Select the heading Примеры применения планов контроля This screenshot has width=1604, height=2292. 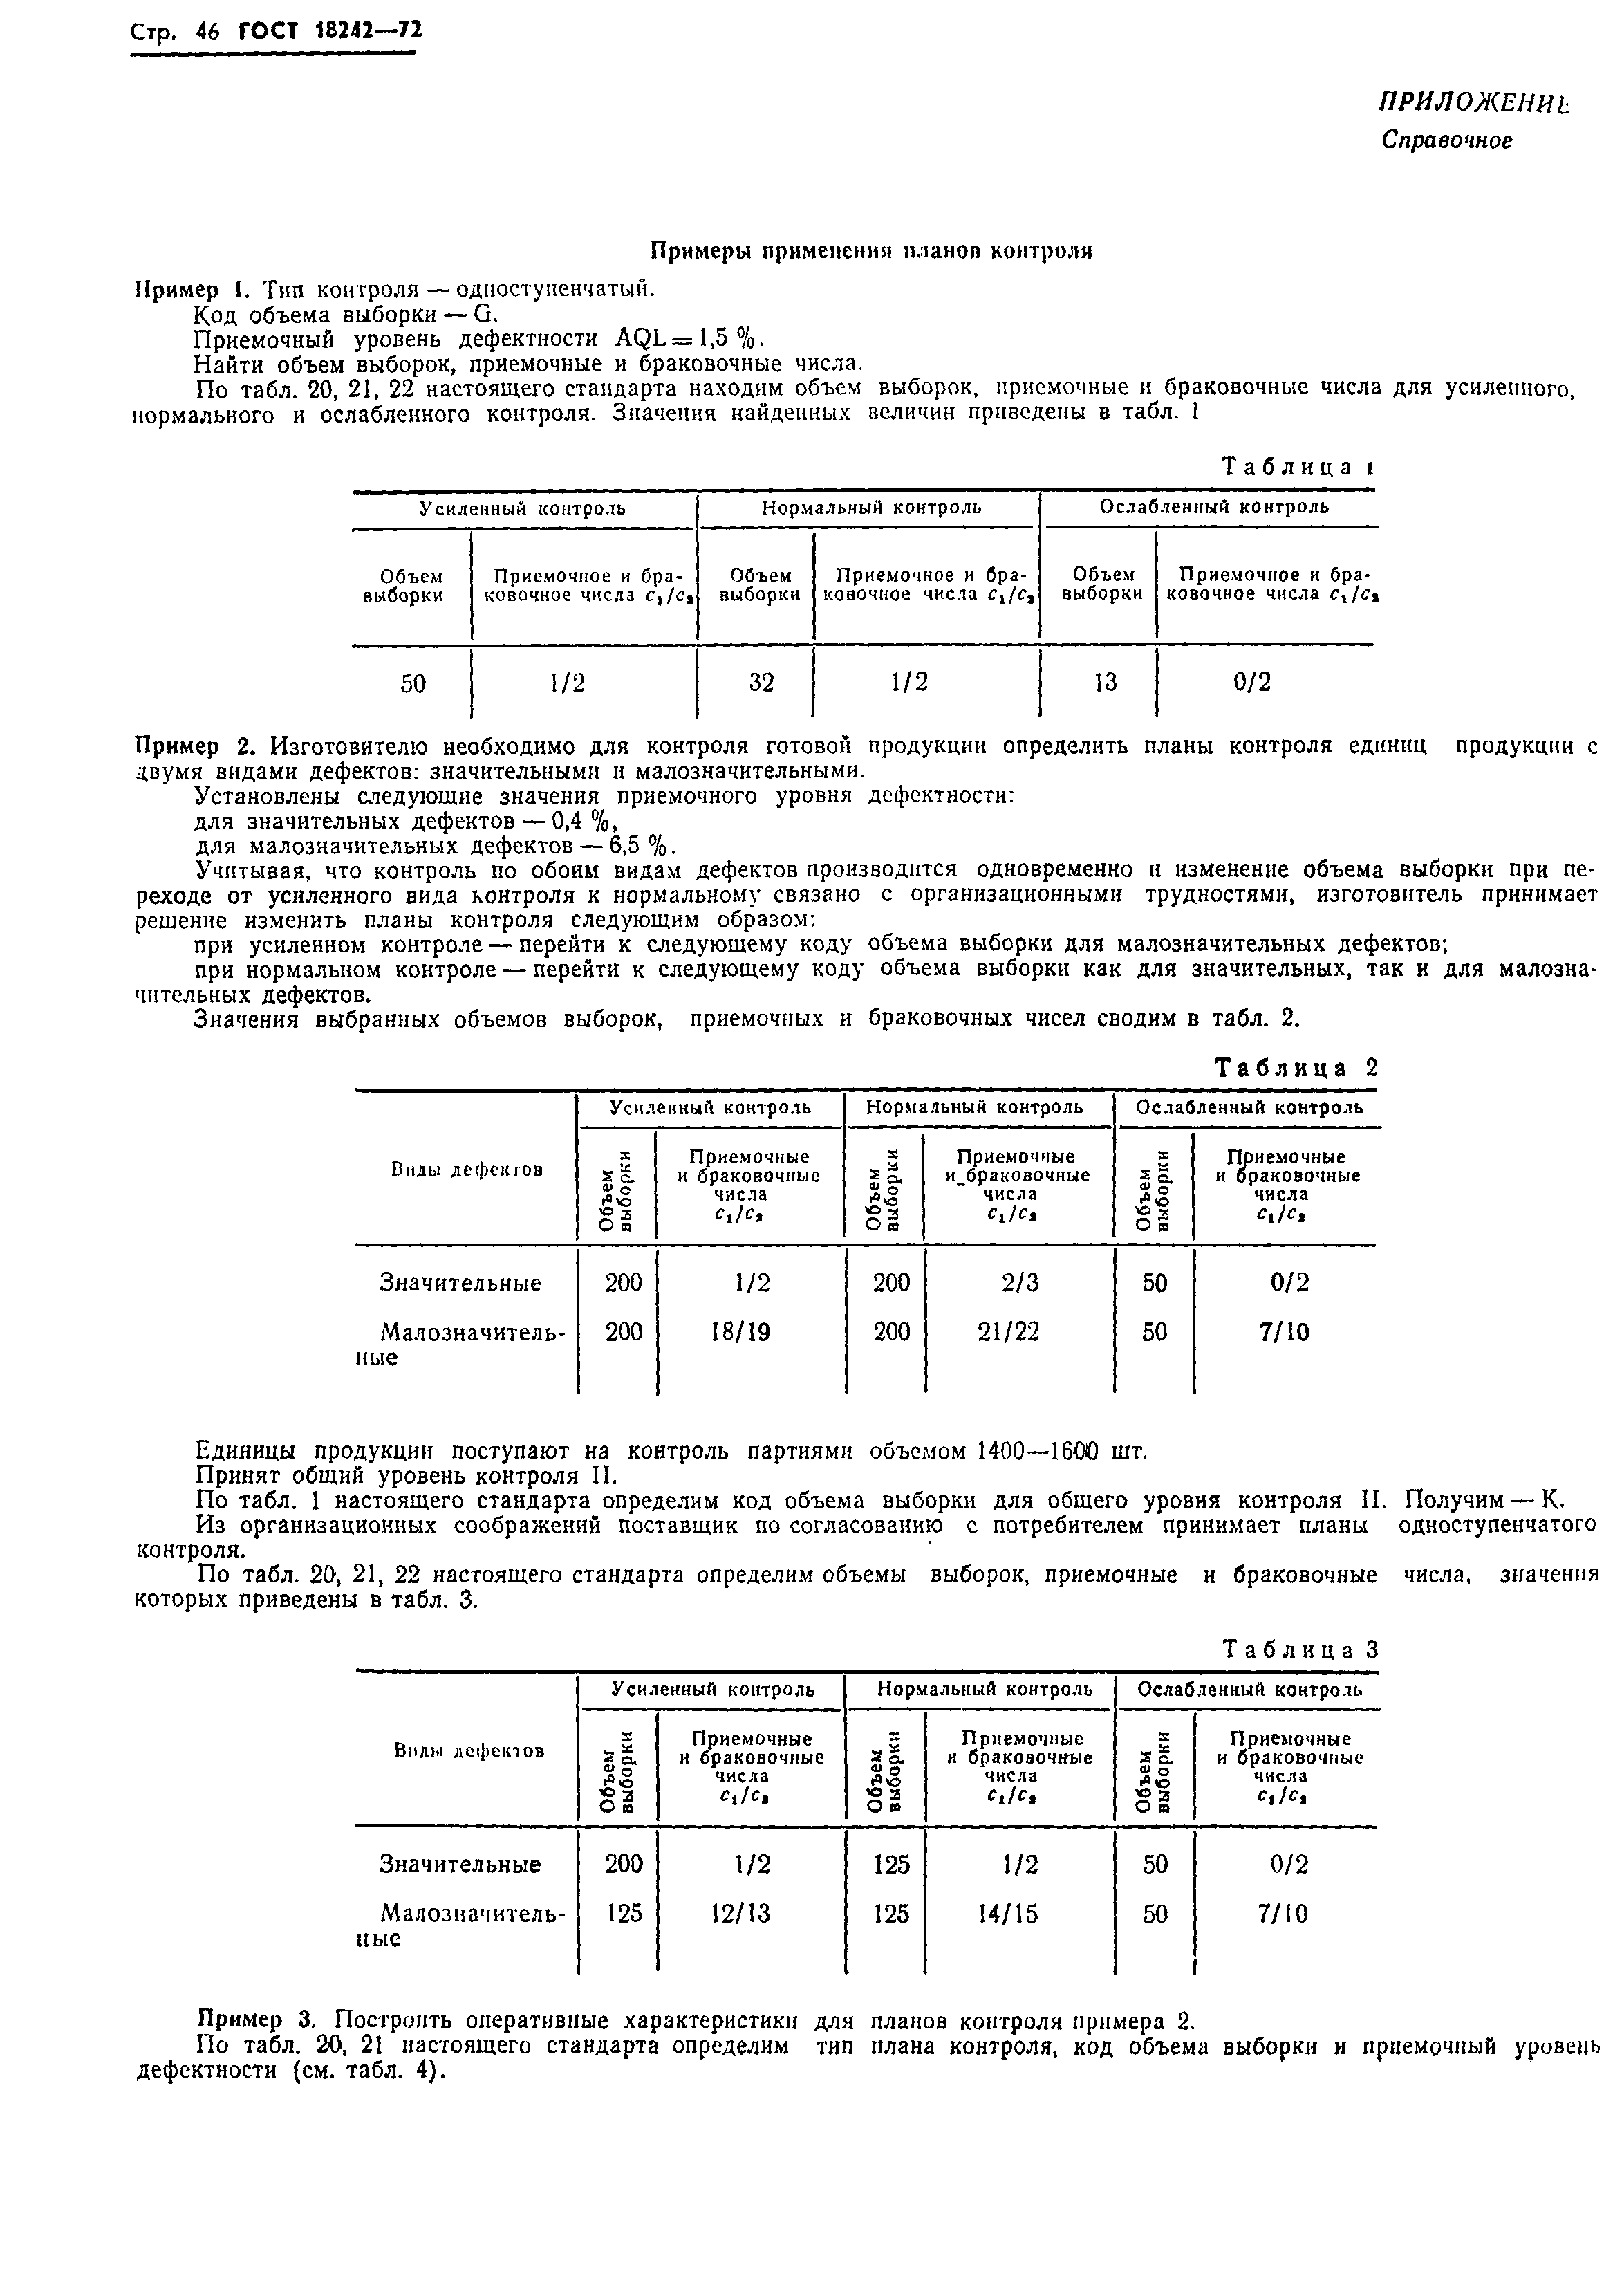point(871,250)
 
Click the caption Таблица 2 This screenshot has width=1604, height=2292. point(1296,1068)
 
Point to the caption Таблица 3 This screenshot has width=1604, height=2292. point(1300,1650)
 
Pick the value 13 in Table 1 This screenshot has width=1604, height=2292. point(1105,683)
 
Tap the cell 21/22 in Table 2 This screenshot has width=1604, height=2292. point(1010,1331)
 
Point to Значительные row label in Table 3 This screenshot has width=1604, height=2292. point(460,1864)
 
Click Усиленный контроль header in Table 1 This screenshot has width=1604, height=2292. point(522,508)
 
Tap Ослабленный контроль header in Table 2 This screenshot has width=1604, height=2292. point(1249,1107)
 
